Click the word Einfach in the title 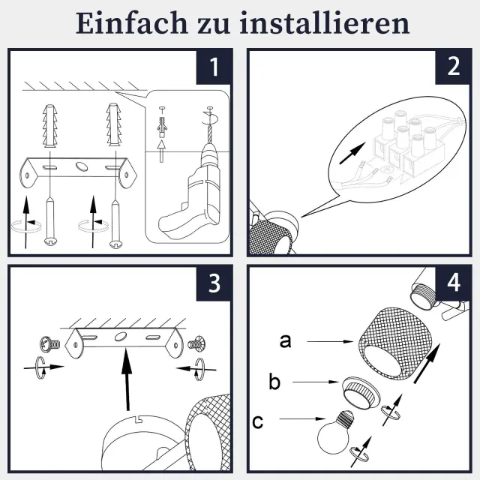131,23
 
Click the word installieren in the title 325,23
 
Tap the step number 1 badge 214,67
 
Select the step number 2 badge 454,67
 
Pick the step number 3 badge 214,283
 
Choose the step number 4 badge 454,283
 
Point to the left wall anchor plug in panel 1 50,126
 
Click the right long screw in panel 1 115,223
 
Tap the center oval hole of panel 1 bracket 82,166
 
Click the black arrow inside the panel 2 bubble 352,153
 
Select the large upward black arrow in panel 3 127,379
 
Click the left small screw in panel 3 50,344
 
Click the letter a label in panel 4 285,340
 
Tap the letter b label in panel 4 274,382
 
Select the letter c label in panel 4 257,421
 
